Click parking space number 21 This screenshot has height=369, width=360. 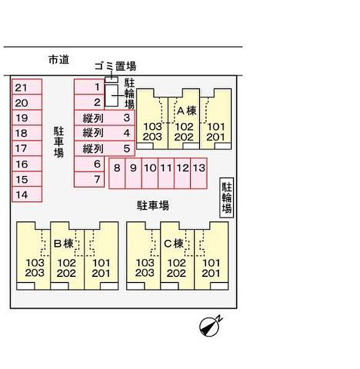click(x=27, y=86)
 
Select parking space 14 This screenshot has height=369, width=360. click(x=27, y=195)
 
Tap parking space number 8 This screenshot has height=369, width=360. click(x=117, y=173)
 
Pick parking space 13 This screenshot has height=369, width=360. click(x=199, y=173)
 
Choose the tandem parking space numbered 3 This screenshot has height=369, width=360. click(x=104, y=117)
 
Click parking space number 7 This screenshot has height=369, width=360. click(x=89, y=179)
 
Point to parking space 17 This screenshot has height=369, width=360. click(x=27, y=148)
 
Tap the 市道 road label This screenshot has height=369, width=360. click(x=59, y=60)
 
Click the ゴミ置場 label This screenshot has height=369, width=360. click(x=115, y=66)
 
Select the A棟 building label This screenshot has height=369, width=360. click(x=187, y=111)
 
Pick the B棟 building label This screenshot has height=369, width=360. click(x=63, y=243)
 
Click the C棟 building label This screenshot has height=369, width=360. click(x=173, y=243)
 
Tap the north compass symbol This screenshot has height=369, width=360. click(x=210, y=326)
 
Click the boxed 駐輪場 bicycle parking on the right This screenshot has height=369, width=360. click(x=227, y=198)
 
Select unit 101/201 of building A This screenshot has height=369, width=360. click(x=215, y=119)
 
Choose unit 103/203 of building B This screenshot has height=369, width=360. click(x=33, y=256)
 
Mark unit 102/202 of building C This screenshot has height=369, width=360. click(x=177, y=256)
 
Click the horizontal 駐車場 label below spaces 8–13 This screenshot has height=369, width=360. click(x=153, y=205)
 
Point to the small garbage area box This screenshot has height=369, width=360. click(x=111, y=80)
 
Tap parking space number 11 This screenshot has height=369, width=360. click(x=166, y=173)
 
